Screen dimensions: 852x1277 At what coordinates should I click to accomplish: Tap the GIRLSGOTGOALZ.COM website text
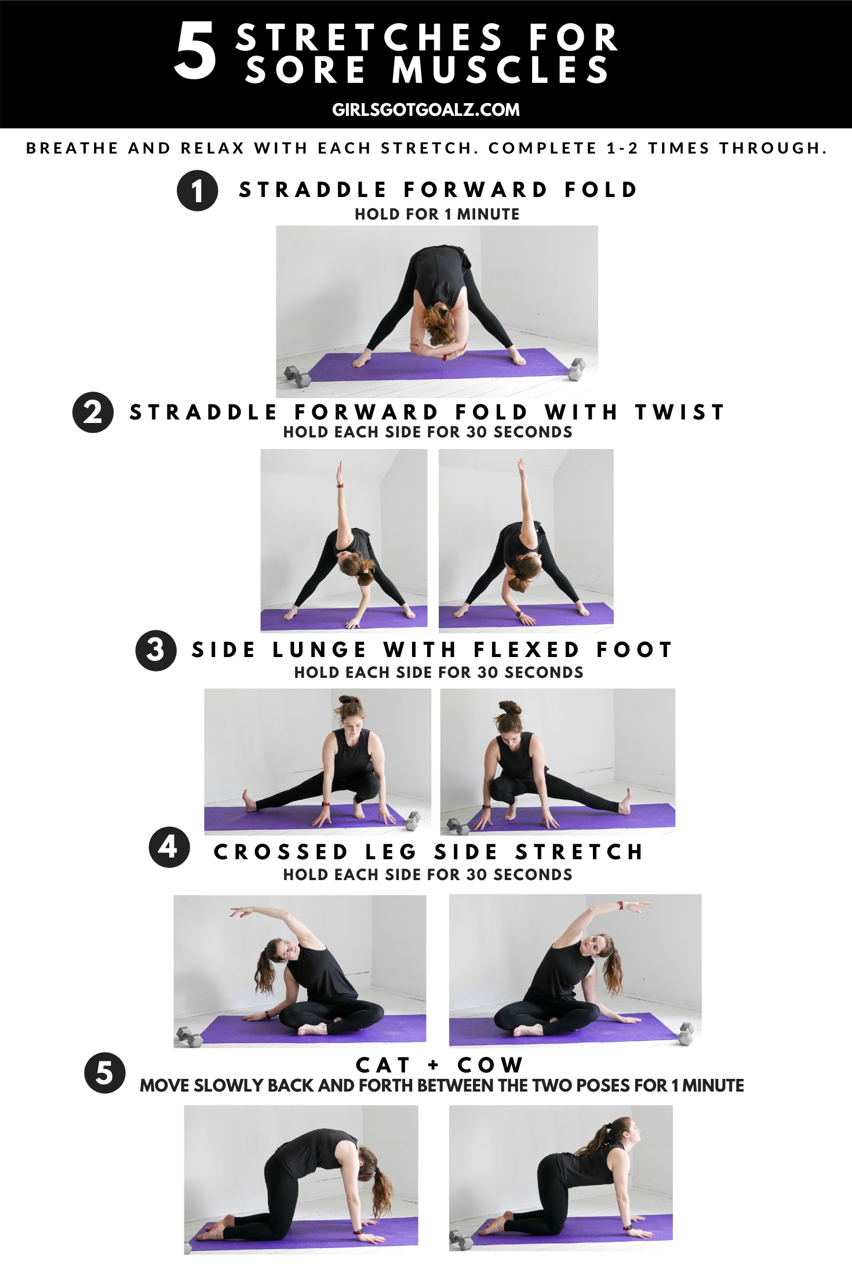(426, 110)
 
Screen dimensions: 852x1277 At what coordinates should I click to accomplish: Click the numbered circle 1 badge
(198, 191)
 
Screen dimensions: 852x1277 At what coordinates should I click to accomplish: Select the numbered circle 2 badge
(93, 413)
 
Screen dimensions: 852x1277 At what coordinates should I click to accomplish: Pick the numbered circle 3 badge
(156, 651)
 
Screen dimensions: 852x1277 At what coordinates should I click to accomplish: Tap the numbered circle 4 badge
(169, 847)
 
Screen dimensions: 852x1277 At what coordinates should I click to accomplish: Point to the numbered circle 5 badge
(105, 1073)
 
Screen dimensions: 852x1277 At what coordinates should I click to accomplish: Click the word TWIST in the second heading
(679, 413)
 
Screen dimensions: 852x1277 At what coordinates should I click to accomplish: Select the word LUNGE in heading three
(319, 650)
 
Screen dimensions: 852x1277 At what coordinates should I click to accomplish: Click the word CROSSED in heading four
(281, 852)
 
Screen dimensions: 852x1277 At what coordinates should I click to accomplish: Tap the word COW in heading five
(490, 1065)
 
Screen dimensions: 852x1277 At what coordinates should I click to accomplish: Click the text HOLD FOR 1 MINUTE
(437, 214)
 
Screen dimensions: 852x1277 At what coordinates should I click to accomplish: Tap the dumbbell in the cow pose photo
(461, 1240)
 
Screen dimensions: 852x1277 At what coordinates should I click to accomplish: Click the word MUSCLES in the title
(500, 70)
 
